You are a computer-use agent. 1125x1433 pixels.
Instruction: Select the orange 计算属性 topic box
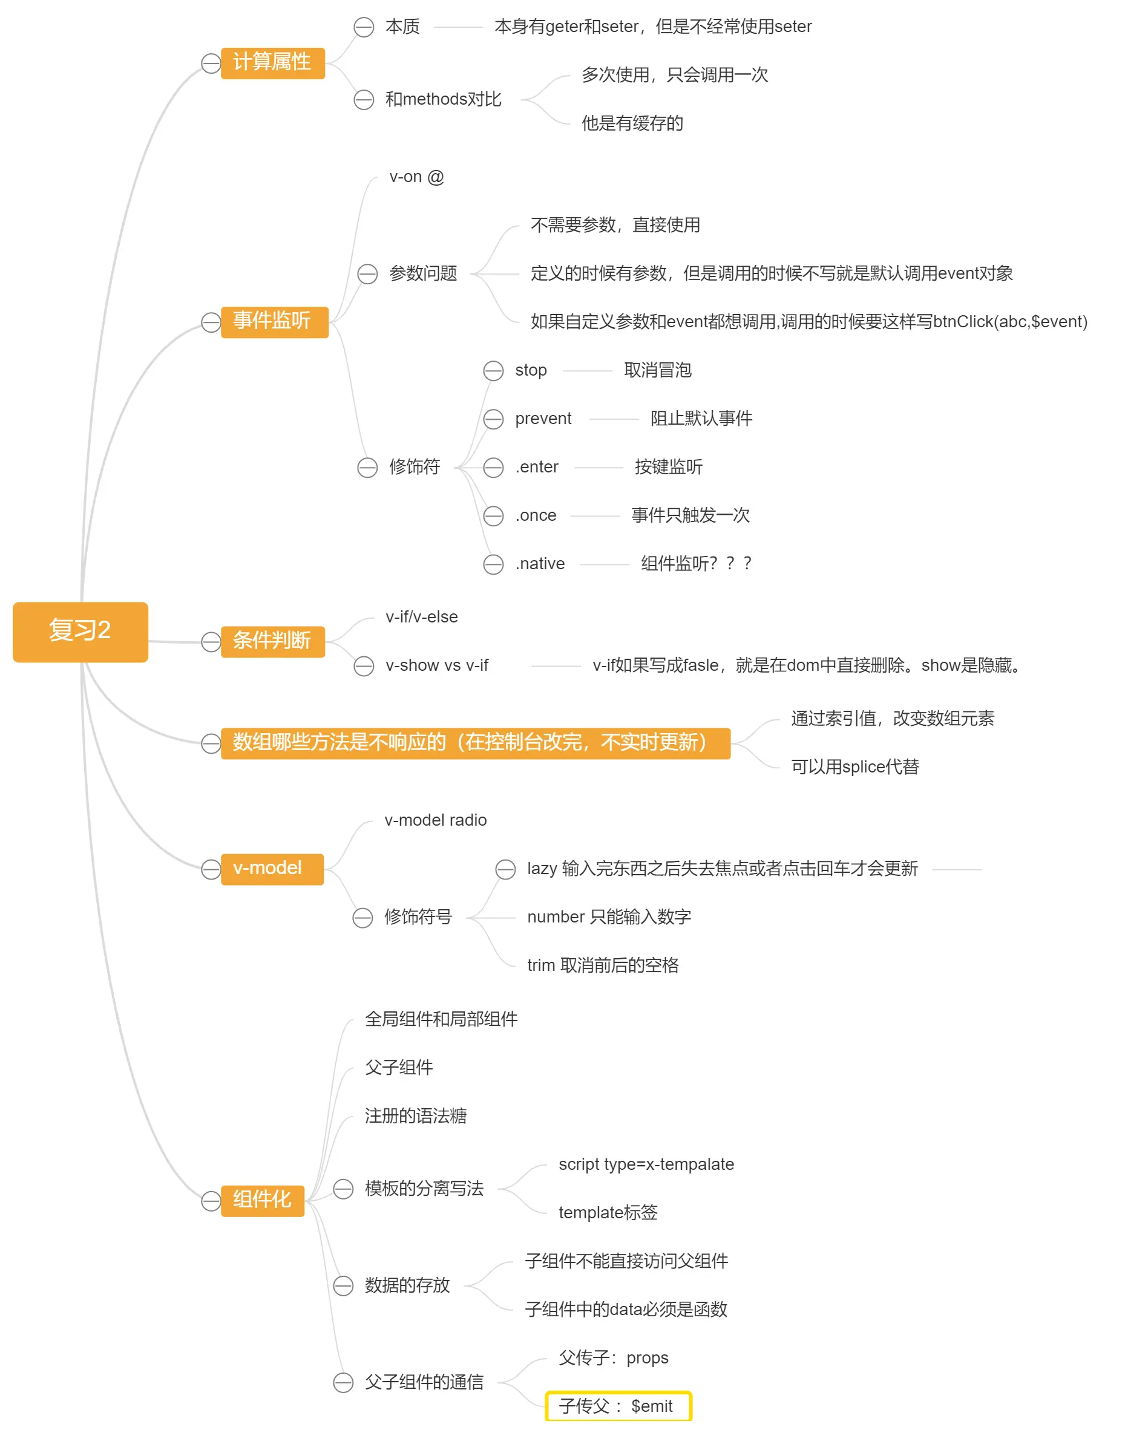pos(272,62)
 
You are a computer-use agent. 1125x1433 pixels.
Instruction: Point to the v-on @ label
pos(416,177)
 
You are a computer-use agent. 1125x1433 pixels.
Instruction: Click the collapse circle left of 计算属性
pos(211,64)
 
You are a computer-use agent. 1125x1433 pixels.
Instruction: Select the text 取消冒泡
pos(657,371)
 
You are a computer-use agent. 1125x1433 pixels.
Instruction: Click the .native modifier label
pos(539,564)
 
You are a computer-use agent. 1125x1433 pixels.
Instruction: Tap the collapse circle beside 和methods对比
pos(364,100)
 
